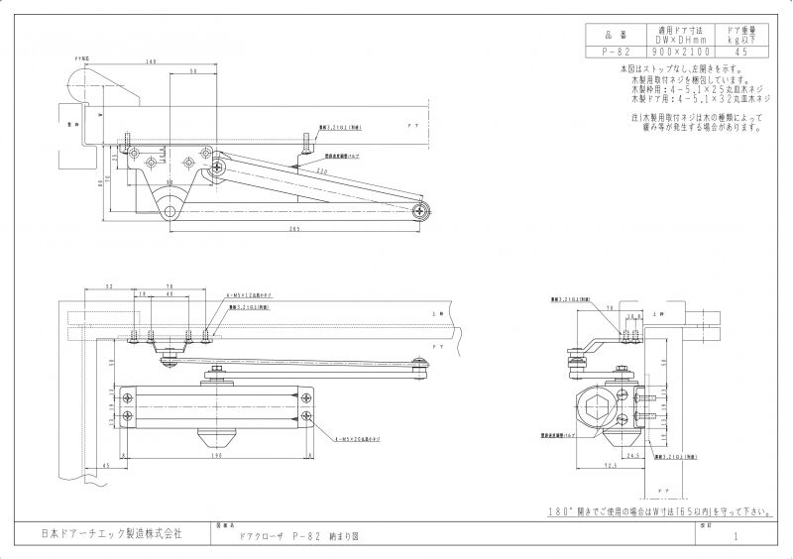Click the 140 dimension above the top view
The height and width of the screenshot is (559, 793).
tap(151, 62)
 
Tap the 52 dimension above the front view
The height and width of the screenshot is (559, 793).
tap(108, 285)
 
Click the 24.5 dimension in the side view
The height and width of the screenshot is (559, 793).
tap(631, 455)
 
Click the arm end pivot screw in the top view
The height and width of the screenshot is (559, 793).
tap(424, 209)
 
